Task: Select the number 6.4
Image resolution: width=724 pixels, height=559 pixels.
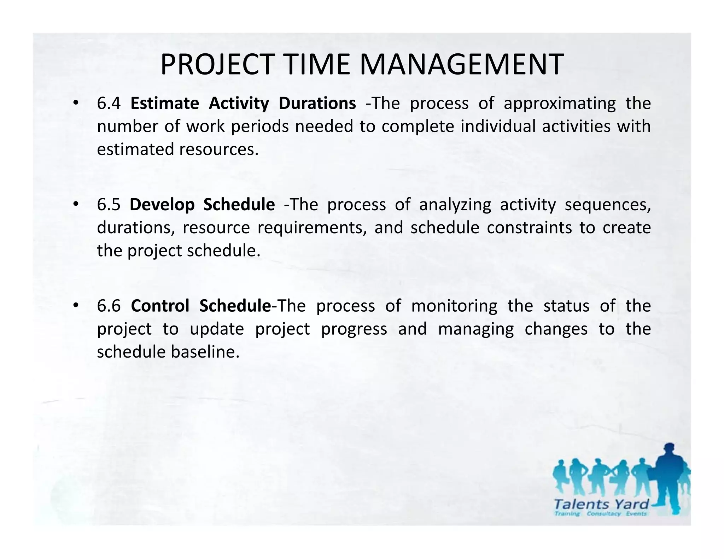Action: [109, 104]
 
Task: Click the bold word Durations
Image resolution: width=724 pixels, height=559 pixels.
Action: [317, 104]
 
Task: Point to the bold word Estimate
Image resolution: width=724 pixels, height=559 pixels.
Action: [164, 104]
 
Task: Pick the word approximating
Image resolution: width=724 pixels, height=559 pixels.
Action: [559, 104]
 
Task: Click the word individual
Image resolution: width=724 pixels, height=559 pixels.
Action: [498, 126]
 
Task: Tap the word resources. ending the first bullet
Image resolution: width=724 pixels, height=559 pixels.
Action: [219, 149]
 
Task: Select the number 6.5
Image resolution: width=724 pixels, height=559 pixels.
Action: [109, 205]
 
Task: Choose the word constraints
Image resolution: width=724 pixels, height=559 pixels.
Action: [529, 228]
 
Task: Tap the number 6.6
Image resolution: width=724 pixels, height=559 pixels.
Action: [109, 306]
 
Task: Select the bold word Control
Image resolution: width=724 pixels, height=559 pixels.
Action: [160, 306]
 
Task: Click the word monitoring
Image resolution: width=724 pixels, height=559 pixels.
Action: [454, 306]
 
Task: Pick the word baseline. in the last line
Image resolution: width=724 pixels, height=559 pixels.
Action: [205, 352]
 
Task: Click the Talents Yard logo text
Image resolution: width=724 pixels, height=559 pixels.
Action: [601, 504]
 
